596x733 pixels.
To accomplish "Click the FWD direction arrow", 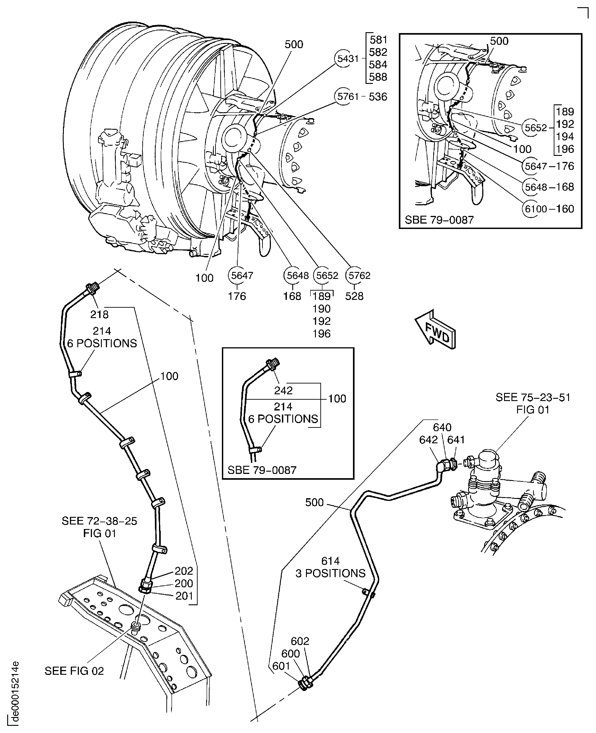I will (435, 329).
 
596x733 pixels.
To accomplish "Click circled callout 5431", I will (347, 59).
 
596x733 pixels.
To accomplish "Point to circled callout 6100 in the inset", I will (535, 209).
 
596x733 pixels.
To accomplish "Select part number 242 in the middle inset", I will (283, 390).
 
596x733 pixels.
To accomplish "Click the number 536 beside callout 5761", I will (378, 97).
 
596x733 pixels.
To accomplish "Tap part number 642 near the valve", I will (428, 440).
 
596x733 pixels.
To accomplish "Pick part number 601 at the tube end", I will (281, 666).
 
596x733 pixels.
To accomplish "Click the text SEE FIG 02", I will (74, 671).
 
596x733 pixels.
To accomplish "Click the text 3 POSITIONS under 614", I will (330, 573).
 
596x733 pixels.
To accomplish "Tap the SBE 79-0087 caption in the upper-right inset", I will (439, 220).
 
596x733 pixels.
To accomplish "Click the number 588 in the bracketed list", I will (378, 77).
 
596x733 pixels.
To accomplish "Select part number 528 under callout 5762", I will (354, 296).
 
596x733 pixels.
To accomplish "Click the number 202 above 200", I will (184, 571).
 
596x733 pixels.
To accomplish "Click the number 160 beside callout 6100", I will (565, 209).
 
